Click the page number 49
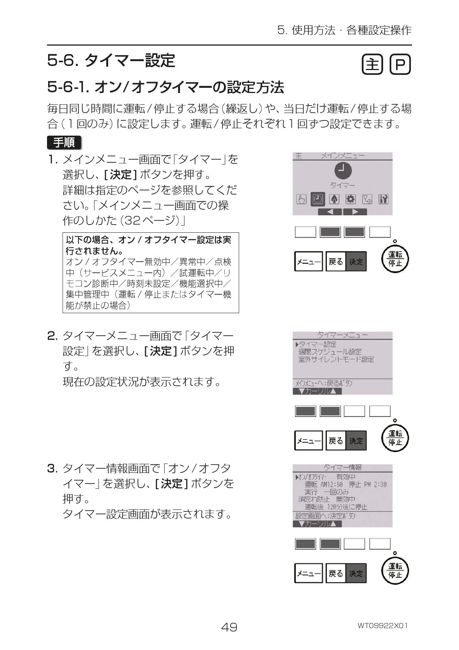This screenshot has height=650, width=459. tap(229, 627)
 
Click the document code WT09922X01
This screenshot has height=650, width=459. tap(382, 626)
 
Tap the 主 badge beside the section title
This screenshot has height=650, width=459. tap(372, 65)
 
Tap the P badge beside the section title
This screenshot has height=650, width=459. tap(400, 65)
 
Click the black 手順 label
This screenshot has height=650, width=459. tap(64, 142)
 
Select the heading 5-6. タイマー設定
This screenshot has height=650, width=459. tap(111, 60)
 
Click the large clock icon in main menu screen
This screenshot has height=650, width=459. tap(343, 170)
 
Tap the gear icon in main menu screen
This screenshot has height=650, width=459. tap(350, 199)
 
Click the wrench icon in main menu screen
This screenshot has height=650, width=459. tap(383, 199)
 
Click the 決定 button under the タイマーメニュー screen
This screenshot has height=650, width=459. tap(356, 441)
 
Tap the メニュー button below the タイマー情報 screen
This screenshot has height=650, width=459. tap(308, 573)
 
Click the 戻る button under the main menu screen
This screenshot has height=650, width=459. tap(336, 262)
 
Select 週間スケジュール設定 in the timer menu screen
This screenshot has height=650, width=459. tap(330, 352)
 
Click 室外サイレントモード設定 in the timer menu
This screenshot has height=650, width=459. tap(336, 359)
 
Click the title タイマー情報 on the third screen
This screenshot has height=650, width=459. tap(342, 468)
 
